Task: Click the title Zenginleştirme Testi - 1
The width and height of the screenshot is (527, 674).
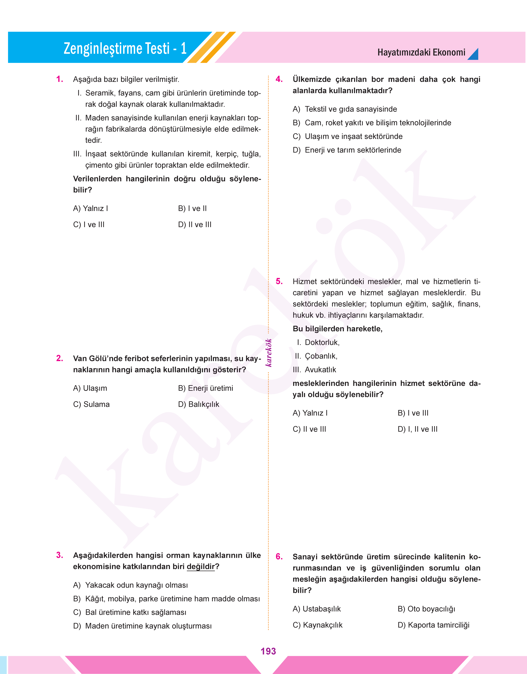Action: (x=125, y=48)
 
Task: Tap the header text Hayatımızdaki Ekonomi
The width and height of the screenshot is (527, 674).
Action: (x=421, y=53)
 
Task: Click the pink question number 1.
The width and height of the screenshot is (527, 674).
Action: (x=60, y=79)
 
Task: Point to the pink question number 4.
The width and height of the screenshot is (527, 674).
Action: (x=279, y=79)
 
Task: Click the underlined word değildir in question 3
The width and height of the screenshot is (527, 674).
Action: (x=201, y=567)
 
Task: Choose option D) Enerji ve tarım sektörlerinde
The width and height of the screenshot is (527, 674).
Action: (x=347, y=150)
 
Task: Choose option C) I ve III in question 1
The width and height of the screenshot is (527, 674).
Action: (x=89, y=224)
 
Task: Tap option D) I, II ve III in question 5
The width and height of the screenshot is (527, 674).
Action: (x=418, y=429)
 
